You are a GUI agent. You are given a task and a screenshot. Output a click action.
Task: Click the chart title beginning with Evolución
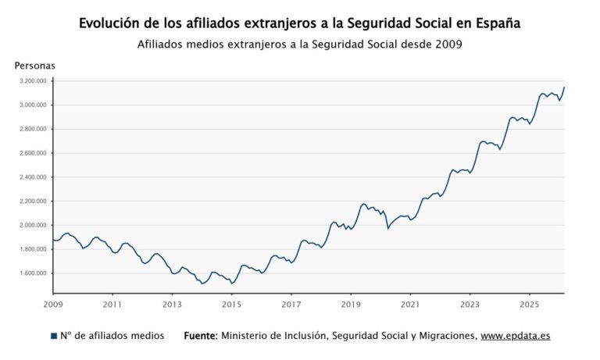coord(299,23)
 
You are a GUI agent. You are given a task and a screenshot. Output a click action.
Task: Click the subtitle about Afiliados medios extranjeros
coord(299,45)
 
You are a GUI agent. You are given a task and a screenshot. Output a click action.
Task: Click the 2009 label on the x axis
coord(53,304)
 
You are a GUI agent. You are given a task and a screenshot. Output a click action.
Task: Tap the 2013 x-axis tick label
coord(172,304)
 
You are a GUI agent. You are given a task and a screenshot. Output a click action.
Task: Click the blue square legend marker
coord(53,336)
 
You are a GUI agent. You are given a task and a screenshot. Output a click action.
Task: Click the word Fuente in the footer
coord(200,336)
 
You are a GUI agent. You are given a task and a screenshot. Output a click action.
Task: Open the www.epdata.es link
coord(515,336)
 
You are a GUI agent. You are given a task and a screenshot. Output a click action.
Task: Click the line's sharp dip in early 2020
coord(388,228)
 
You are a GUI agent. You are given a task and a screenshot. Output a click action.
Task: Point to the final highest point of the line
coord(564,87)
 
